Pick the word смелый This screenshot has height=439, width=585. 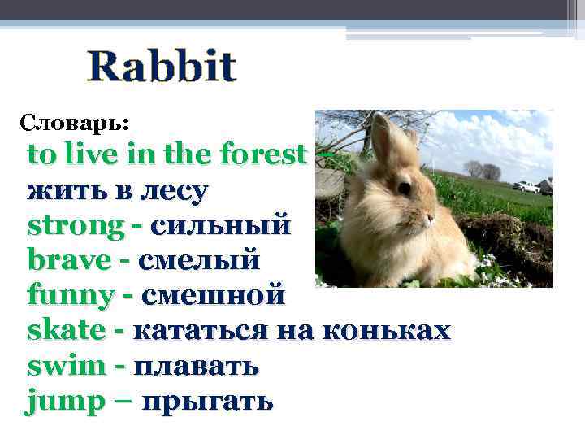click(199, 261)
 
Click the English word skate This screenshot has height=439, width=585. click(66, 330)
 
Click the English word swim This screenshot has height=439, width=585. click(66, 366)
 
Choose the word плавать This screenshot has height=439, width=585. click(195, 366)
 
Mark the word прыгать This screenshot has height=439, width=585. click(208, 402)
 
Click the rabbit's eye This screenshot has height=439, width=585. click(404, 188)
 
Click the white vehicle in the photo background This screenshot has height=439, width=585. click(527, 187)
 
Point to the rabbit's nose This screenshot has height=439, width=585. click(431, 218)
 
